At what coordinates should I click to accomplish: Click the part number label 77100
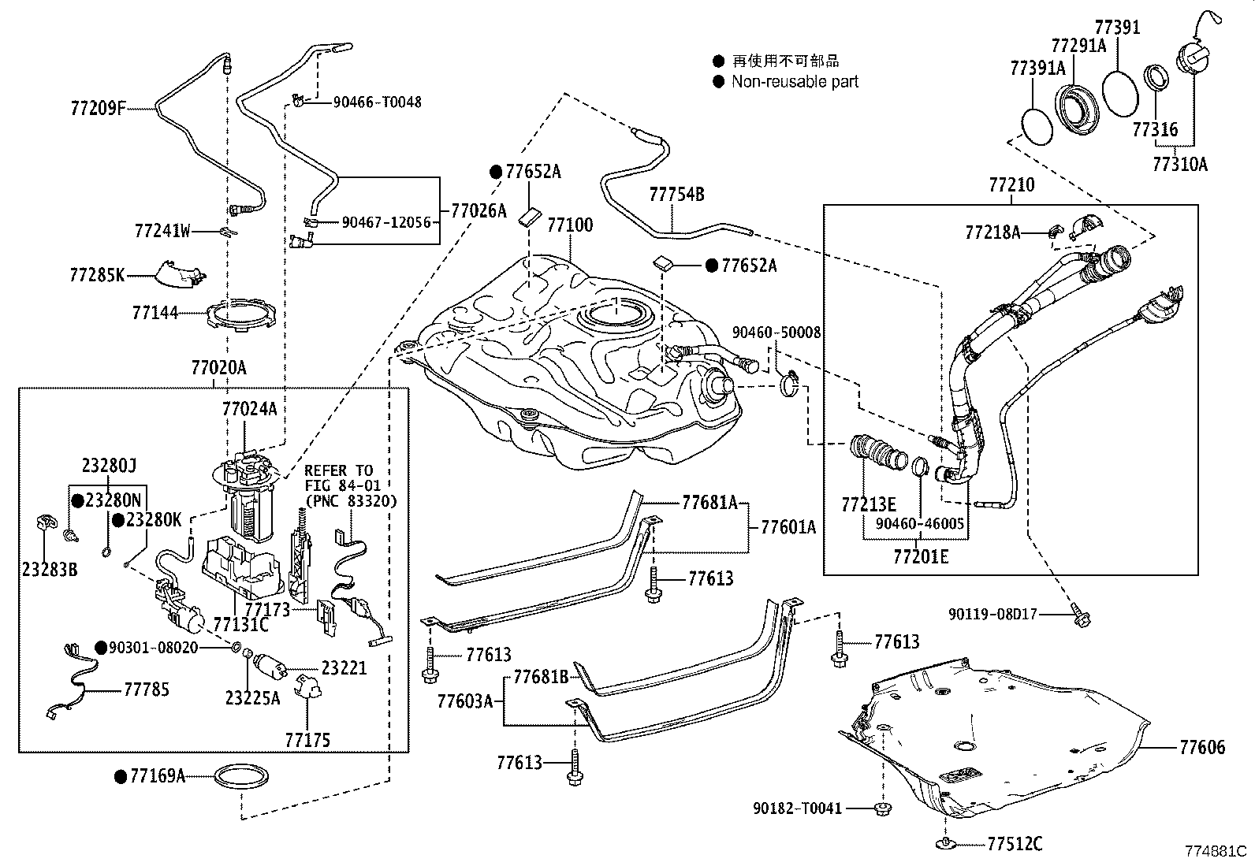click(x=570, y=225)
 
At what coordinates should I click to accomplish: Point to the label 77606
click(x=1202, y=747)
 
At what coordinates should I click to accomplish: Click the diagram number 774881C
click(x=1217, y=852)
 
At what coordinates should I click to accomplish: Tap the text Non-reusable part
click(x=795, y=81)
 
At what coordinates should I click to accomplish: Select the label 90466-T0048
click(x=377, y=102)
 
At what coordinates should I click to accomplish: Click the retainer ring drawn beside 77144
click(x=243, y=316)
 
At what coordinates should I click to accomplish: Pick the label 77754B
click(x=676, y=194)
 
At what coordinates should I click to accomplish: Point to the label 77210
click(x=1011, y=185)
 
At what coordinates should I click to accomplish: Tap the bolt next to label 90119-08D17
click(x=1080, y=618)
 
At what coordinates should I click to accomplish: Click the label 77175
click(x=307, y=740)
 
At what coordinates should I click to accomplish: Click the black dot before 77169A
click(x=120, y=777)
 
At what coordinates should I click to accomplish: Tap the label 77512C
click(x=1015, y=845)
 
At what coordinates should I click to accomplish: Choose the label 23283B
click(x=50, y=568)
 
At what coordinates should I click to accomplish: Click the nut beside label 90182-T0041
click(x=883, y=808)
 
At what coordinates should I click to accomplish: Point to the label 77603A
click(x=464, y=701)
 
